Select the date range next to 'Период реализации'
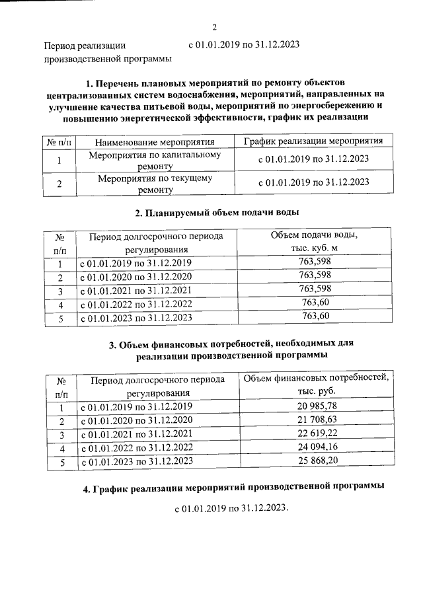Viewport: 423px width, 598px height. click(244, 45)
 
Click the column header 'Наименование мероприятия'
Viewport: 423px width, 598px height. click(155, 142)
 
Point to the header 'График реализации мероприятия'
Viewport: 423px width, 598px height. click(313, 141)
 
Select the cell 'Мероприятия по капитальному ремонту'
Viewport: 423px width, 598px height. click(155, 161)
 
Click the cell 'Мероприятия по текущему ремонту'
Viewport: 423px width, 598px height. click(155, 184)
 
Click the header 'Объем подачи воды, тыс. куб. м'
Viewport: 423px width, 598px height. click(315, 243)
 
